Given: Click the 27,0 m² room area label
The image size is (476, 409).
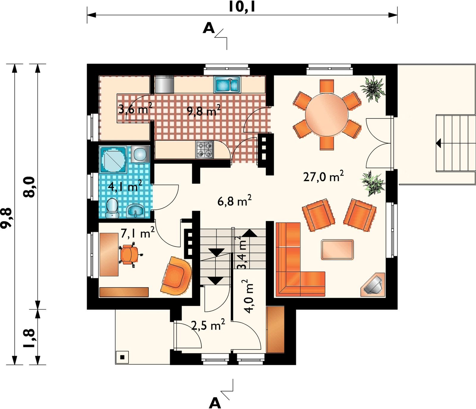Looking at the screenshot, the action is pyautogui.click(x=323, y=176).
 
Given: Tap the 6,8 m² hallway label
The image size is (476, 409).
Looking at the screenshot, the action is pyautogui.click(x=234, y=201).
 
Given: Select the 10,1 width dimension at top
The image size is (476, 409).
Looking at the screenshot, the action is pyautogui.click(x=242, y=7).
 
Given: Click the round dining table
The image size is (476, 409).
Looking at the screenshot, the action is pyautogui.click(x=327, y=115).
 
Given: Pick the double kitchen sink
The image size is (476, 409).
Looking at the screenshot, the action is pyautogui.click(x=227, y=85).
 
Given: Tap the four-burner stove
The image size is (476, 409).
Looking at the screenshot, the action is pyautogui.click(x=205, y=149).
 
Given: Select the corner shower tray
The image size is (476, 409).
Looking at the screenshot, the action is pyautogui.click(x=113, y=159).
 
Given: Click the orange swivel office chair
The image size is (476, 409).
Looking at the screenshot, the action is pyautogui.click(x=130, y=254).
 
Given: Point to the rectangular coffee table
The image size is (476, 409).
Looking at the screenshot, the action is pyautogui.click(x=337, y=250).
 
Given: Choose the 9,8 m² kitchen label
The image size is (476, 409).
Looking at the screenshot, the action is pyautogui.click(x=203, y=111).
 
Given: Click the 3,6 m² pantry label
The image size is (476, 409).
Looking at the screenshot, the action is pyautogui.click(x=135, y=109).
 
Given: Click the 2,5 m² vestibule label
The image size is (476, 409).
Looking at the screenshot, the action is pyautogui.click(x=208, y=325).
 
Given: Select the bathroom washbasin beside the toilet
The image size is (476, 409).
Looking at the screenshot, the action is pyautogui.click(x=136, y=211).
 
